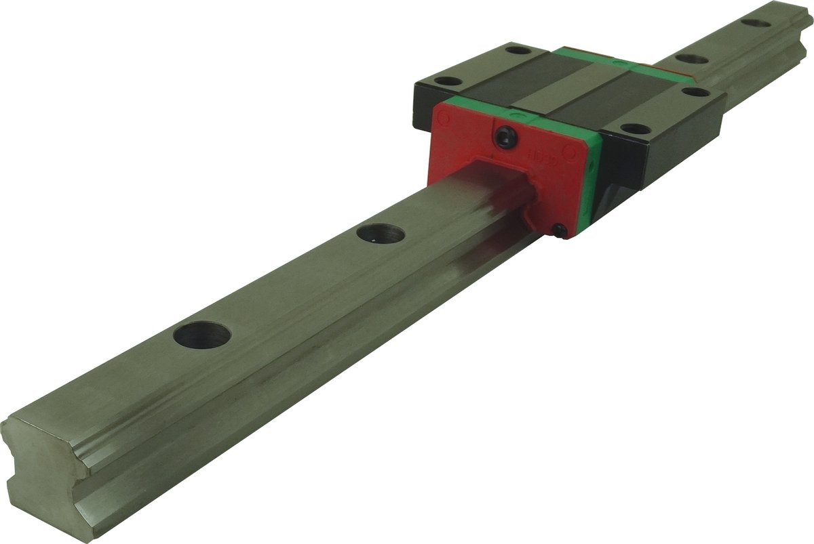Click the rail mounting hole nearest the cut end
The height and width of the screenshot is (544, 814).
[202, 335]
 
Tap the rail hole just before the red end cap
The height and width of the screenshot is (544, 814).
[380, 234]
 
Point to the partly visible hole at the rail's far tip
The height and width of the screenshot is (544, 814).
[755, 23]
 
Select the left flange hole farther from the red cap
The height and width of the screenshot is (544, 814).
[518, 49]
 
